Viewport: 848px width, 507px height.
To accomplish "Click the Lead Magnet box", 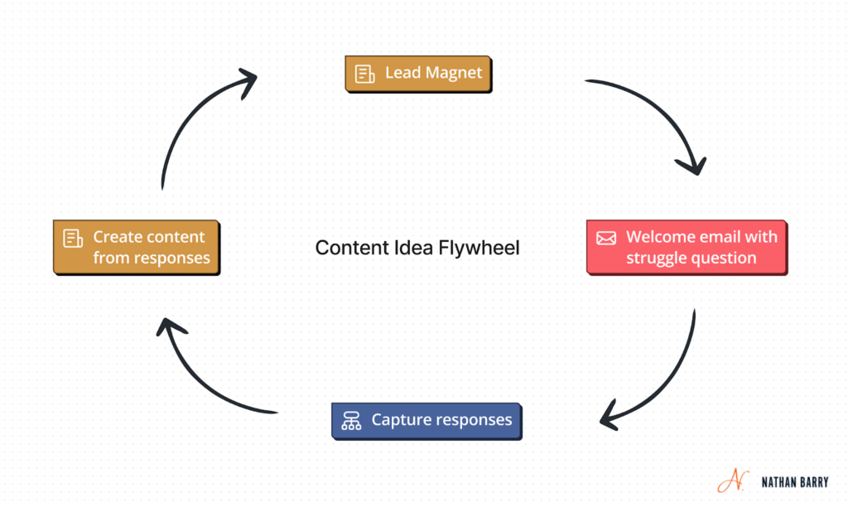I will pos(418,73).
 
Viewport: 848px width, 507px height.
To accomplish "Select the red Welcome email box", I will pos(687,247).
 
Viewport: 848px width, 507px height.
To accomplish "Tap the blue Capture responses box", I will pos(426,420).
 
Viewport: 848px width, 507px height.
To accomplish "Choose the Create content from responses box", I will pos(137,247).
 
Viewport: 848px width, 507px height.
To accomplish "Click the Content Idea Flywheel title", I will pos(417,248).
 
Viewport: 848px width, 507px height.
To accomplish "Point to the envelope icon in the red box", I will pos(606,238).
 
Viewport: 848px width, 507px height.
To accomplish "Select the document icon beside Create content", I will pos(73,238).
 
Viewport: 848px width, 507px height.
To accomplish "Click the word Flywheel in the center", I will pos(484,248).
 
